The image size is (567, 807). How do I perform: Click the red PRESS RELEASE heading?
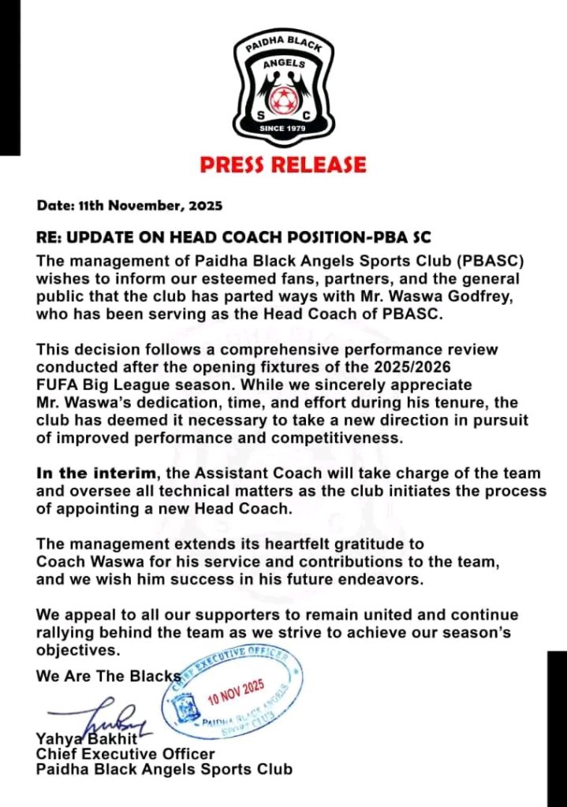(x=282, y=165)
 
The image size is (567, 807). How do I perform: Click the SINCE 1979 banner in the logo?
(x=282, y=128)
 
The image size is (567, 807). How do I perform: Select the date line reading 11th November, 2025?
(x=130, y=206)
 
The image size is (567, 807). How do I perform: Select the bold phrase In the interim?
(x=86, y=474)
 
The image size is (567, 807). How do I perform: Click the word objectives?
(x=77, y=652)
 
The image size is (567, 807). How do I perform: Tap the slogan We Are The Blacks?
(x=108, y=676)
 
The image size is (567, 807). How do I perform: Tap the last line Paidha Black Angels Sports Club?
(x=163, y=768)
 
